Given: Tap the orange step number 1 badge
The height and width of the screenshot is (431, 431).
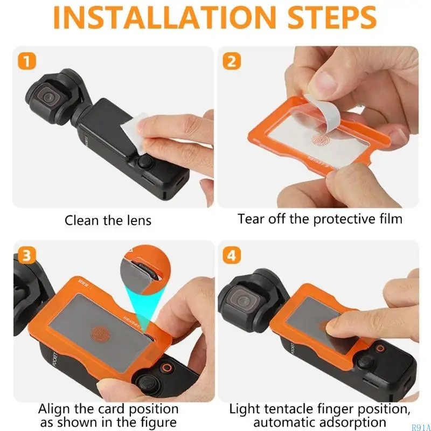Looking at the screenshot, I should pos(27,61).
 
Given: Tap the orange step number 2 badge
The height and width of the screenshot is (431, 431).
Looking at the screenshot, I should pos(232,61).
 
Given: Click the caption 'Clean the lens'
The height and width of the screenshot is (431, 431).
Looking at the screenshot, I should pos(108,220).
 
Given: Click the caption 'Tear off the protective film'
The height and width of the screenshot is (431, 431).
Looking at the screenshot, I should pos(320,219).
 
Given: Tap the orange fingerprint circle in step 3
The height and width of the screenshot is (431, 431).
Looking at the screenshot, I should pos(99,333).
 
